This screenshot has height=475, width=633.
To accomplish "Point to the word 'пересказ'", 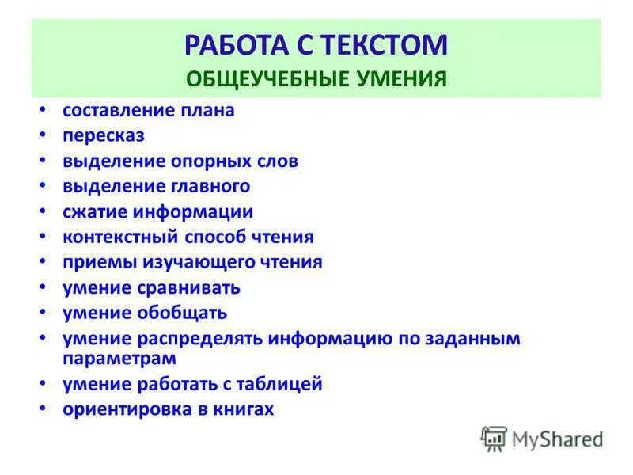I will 104,135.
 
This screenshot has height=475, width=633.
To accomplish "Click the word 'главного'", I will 210,187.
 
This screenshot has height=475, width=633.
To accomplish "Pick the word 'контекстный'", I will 120,237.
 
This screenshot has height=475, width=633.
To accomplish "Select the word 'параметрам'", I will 119,358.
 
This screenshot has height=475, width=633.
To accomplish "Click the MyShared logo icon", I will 494,439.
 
